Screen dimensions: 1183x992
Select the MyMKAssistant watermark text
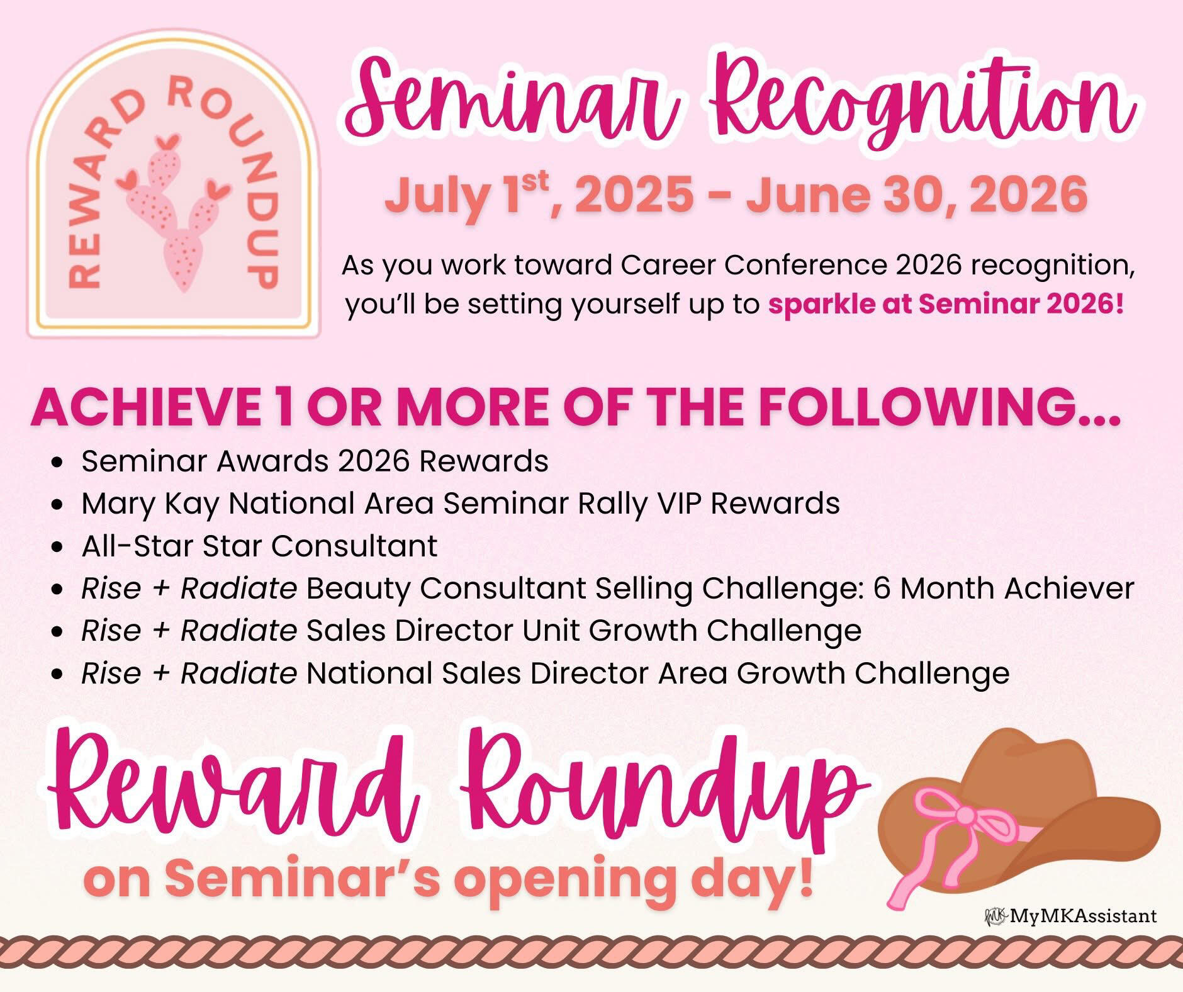click(1082, 933)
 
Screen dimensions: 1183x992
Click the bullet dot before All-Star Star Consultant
click(59, 547)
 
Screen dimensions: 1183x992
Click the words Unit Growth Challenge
click(692, 631)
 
